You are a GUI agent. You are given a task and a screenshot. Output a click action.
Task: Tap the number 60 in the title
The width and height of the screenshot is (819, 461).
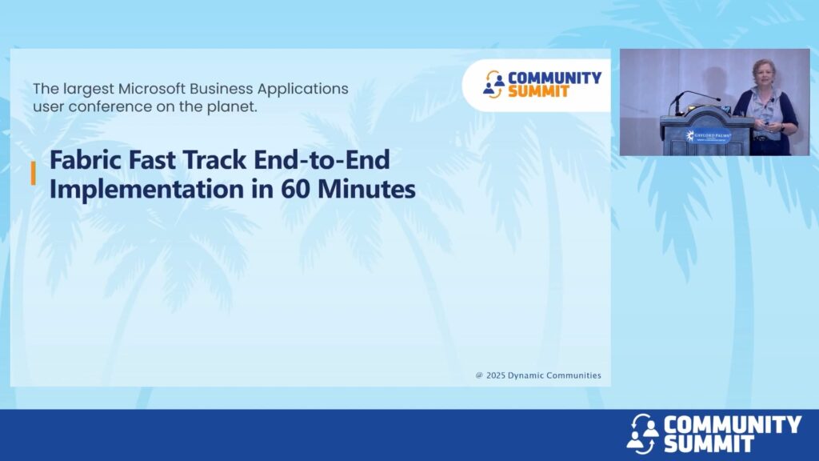296,189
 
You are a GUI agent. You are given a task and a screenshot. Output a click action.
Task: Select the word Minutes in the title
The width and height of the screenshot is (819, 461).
366,189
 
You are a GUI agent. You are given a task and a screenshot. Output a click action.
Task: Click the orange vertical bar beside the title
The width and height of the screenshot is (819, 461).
34,173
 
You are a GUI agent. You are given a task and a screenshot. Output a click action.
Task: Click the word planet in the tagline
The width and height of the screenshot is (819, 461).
238,106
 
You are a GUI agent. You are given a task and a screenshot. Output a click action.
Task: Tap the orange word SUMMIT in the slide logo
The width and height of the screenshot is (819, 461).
538,91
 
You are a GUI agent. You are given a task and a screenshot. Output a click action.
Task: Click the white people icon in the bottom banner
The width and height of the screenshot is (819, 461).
642,434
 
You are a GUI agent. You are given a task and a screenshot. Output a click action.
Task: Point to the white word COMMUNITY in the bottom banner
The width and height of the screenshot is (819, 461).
733,424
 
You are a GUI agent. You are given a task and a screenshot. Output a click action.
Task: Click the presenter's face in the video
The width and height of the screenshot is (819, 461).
762,72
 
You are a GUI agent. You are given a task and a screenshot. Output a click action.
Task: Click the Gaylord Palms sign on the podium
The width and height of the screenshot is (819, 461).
708,136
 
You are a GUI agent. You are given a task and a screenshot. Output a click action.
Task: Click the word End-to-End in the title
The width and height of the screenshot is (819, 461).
322,159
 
